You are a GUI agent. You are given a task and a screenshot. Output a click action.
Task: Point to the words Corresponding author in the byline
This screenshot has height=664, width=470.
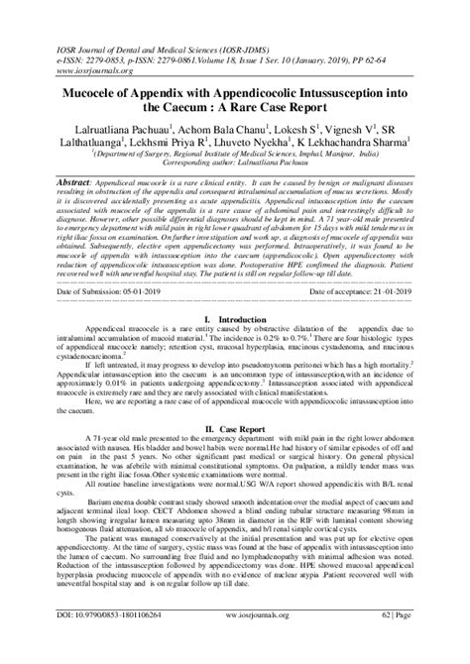(190, 168)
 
